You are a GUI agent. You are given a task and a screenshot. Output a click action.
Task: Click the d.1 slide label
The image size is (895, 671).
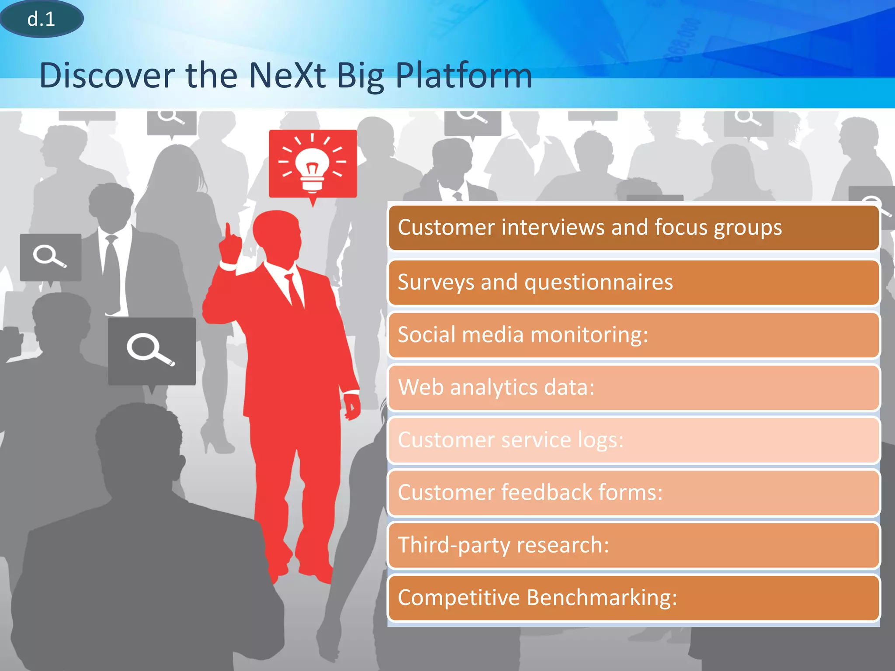click(x=41, y=19)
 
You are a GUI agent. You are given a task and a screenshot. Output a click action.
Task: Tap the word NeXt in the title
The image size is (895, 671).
click(x=287, y=76)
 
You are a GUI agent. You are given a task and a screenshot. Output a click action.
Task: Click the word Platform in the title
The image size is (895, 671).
click(x=464, y=76)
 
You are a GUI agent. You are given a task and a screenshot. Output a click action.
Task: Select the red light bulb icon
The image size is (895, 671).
click(x=312, y=163)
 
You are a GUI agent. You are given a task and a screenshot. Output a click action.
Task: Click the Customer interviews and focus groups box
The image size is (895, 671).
click(x=633, y=228)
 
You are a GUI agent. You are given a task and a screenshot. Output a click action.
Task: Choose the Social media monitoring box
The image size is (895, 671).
click(x=633, y=335)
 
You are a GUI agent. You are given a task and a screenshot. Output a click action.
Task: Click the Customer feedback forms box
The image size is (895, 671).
click(x=633, y=493)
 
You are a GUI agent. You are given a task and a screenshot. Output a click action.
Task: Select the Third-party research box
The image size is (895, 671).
click(x=633, y=545)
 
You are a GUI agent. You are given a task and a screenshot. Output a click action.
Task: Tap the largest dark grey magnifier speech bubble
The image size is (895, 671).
click(x=152, y=351)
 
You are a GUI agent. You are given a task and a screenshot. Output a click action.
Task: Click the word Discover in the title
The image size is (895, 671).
click(x=107, y=76)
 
